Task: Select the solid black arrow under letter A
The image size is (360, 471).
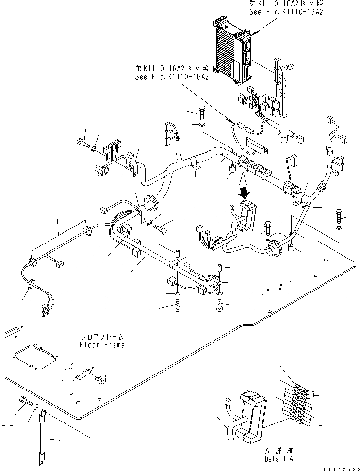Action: coord(244,193)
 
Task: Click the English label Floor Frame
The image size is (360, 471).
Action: coord(102,345)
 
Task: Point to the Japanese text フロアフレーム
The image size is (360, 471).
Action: coord(102,337)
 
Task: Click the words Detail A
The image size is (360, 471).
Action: coord(279,458)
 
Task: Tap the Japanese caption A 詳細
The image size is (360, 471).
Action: coord(279,451)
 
